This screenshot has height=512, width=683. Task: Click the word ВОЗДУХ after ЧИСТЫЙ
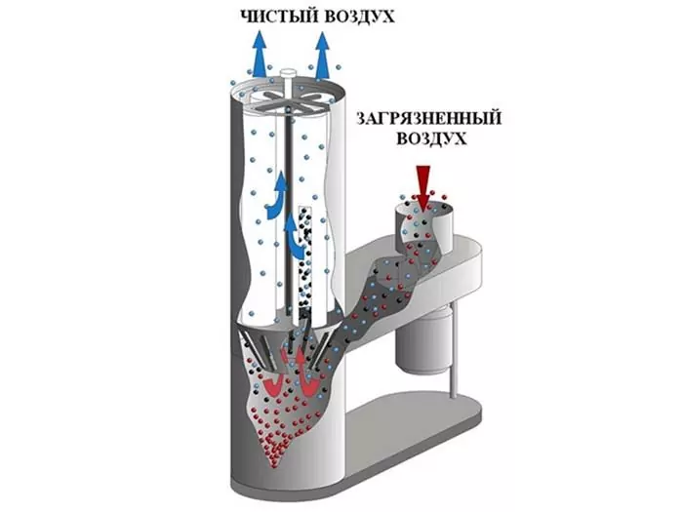(x=359, y=17)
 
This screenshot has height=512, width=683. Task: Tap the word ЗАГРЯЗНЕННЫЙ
(x=428, y=118)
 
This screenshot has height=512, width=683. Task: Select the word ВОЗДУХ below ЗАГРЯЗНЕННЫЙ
(x=430, y=138)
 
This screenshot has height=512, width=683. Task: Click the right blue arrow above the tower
(x=322, y=55)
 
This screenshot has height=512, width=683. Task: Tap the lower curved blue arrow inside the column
(x=293, y=235)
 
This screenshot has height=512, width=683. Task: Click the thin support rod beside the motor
(x=454, y=348)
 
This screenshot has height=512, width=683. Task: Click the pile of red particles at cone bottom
(x=272, y=453)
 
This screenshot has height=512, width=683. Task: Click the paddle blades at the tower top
(x=288, y=100)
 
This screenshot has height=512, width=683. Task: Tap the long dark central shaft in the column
(x=288, y=209)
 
